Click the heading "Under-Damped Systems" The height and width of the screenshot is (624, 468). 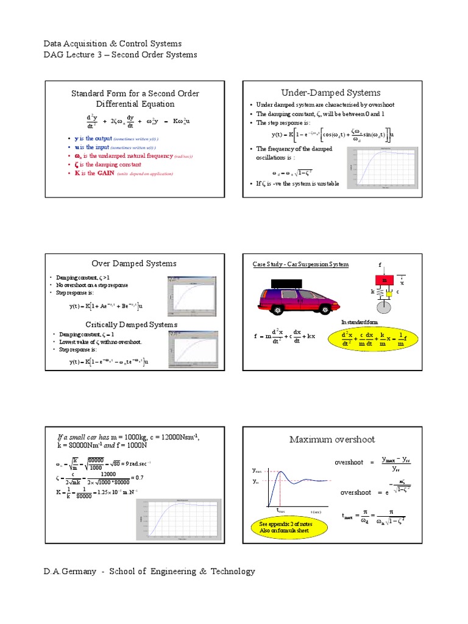click(x=331, y=93)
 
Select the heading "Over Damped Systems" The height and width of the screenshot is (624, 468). click(x=134, y=263)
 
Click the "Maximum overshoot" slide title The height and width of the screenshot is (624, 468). click(x=332, y=439)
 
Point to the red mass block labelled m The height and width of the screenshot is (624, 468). click(x=385, y=280)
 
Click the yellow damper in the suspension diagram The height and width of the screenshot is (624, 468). click(x=389, y=293)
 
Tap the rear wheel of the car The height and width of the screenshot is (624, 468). click(x=277, y=310)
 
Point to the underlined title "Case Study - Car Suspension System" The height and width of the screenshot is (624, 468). click(x=301, y=264)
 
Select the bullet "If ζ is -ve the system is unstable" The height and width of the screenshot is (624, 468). click(x=297, y=183)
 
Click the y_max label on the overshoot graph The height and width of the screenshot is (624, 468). click(x=257, y=471)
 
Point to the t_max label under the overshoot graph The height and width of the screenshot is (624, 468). click(x=282, y=511)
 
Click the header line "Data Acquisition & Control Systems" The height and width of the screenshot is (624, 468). click(x=112, y=44)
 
